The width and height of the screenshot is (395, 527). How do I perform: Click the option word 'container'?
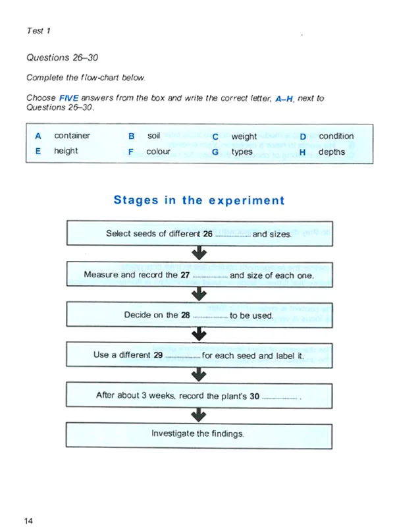[72, 136]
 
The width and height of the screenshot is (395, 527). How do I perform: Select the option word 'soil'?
[153, 136]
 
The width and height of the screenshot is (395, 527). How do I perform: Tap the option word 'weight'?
[244, 136]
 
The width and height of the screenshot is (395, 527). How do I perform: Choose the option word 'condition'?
[336, 136]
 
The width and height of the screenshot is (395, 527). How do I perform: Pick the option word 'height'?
[66, 151]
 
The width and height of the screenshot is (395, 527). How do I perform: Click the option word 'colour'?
[158, 152]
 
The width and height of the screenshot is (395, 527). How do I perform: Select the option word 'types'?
[242, 152]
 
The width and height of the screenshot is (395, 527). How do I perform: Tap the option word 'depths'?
[331, 152]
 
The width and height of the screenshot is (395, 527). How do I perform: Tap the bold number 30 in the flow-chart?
[255, 397]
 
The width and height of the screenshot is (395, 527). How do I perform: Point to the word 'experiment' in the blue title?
[246, 200]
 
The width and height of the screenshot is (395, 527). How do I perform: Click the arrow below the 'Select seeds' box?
[198, 254]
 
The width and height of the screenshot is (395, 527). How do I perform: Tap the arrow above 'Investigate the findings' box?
[198, 415]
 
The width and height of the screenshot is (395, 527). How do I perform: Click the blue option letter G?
[215, 152]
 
